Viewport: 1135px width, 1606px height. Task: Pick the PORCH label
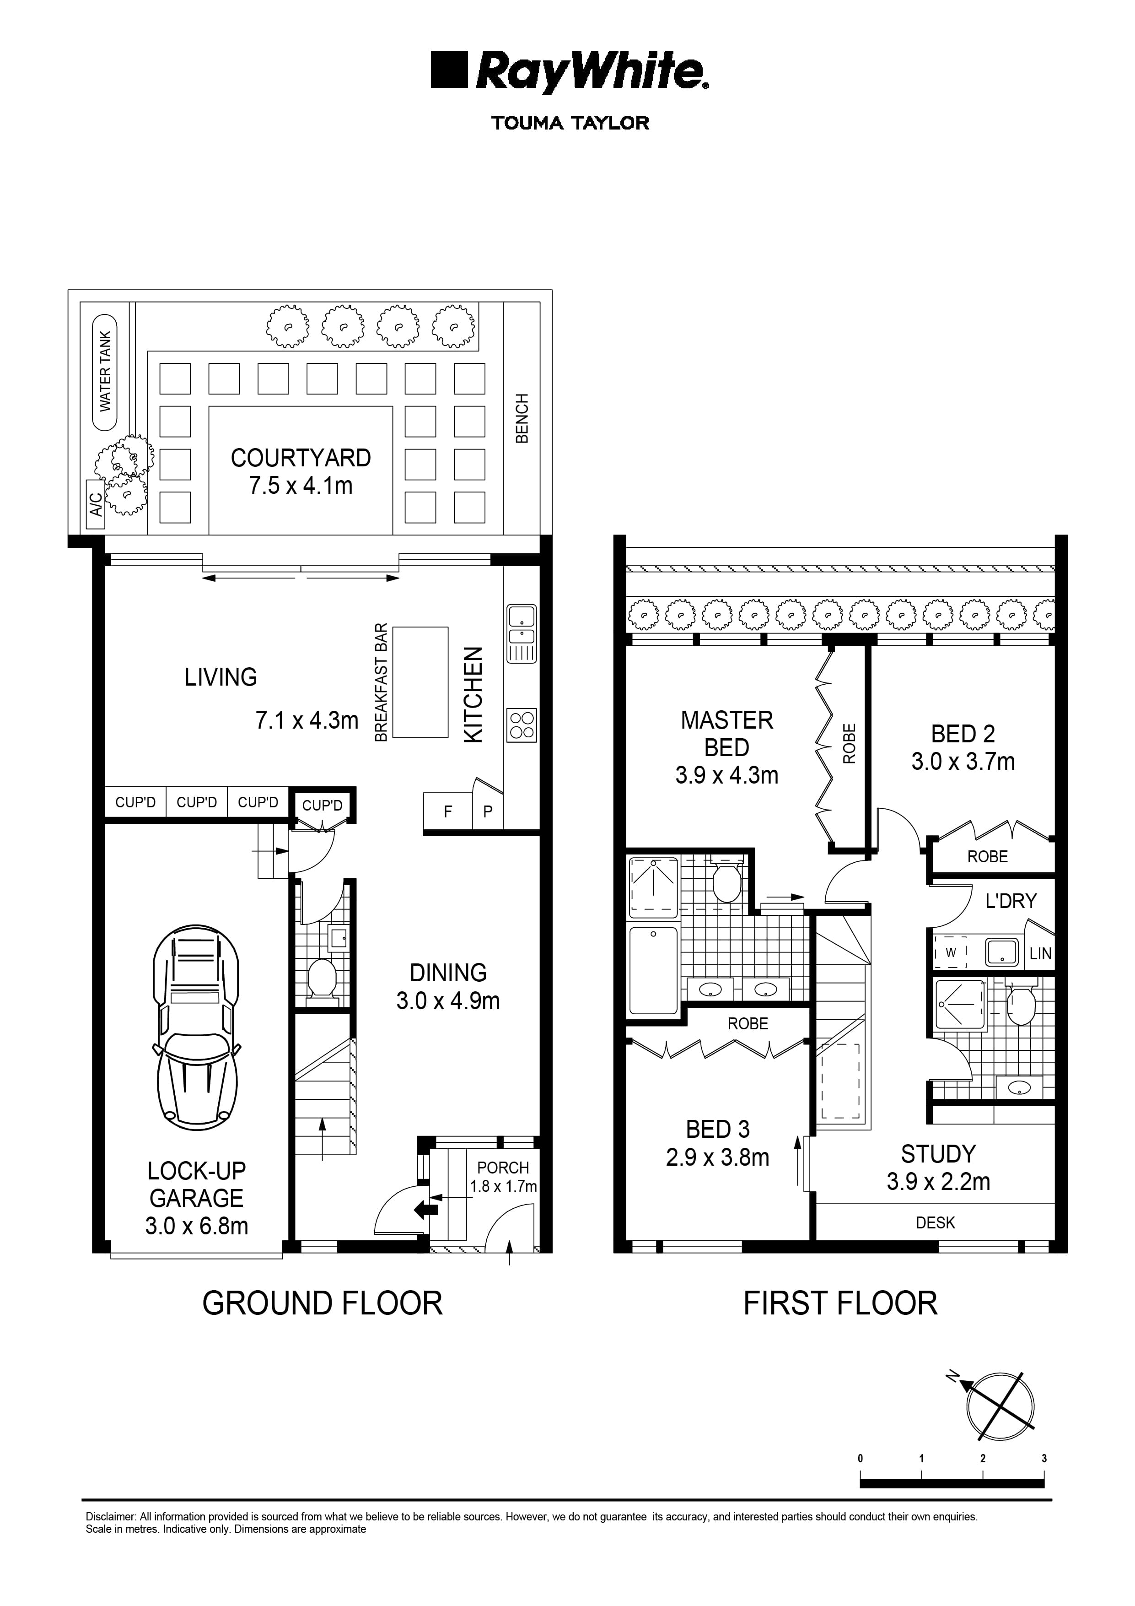pos(503,1168)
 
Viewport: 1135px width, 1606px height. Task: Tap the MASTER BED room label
pos(726,733)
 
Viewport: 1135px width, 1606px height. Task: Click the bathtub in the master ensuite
pos(653,969)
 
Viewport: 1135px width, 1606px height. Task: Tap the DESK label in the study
pos(935,1222)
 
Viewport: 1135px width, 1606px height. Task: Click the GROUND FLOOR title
pos(323,1303)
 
